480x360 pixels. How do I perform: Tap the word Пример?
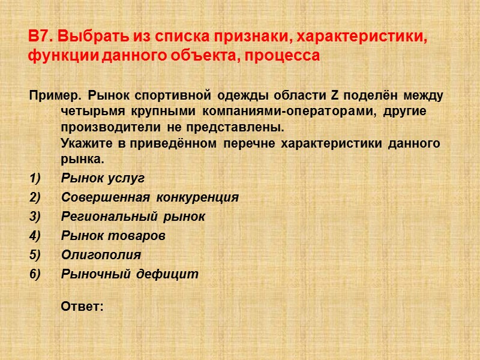(53, 96)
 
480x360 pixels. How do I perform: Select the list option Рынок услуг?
(103, 179)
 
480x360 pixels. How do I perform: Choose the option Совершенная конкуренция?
(150, 197)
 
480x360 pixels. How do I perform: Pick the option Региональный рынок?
(133, 217)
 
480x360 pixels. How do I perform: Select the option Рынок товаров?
(113, 236)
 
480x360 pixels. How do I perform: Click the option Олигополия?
(101, 255)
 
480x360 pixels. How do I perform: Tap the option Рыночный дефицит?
(130, 274)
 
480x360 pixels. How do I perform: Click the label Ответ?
(82, 307)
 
